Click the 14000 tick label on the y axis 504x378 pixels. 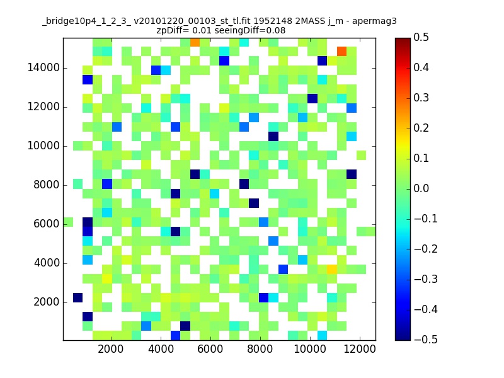(x=43, y=68)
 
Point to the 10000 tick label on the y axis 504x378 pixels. (x=43, y=146)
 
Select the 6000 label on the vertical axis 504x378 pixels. (x=46, y=224)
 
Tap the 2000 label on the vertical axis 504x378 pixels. (x=46, y=302)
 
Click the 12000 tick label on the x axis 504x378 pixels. (x=360, y=349)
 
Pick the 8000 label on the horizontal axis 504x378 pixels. (x=260, y=349)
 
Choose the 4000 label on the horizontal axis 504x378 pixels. (x=161, y=349)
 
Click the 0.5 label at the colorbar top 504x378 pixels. (x=421, y=37)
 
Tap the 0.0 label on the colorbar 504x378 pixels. (x=421, y=188)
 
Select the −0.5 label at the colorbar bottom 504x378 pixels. (x=426, y=340)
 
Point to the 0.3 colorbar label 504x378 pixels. (x=421, y=98)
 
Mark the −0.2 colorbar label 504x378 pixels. (x=426, y=249)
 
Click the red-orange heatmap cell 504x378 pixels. (x=341, y=51)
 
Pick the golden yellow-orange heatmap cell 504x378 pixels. (x=332, y=269)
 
